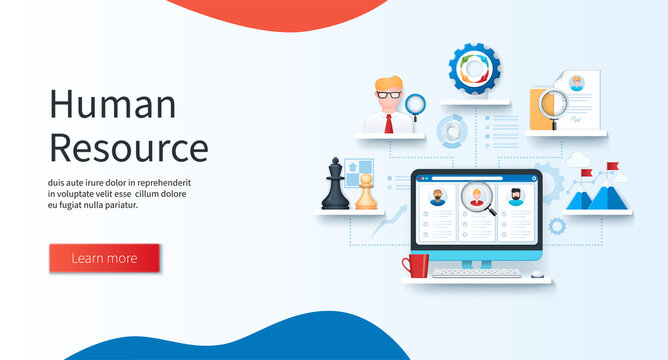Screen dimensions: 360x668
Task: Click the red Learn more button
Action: tap(104, 258)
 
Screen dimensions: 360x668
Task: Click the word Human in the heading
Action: tap(112, 105)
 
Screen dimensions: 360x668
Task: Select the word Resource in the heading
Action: tap(128, 147)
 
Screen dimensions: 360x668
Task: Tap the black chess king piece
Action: tap(335, 186)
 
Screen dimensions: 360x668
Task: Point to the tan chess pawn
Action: tap(367, 193)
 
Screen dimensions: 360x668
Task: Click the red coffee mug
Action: tap(416, 266)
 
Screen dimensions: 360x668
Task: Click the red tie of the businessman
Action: tap(389, 123)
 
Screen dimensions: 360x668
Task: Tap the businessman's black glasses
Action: tap(388, 95)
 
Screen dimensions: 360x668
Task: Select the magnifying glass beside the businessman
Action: tap(416, 102)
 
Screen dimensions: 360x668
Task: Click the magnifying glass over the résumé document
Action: tap(553, 105)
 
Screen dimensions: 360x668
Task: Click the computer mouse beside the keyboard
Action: tap(537, 273)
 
